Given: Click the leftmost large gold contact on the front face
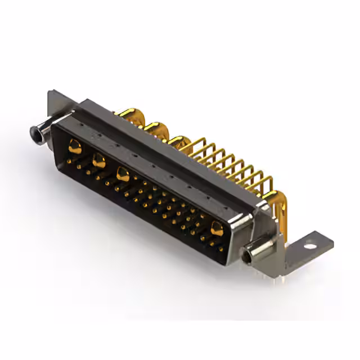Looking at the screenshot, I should [x=74, y=147].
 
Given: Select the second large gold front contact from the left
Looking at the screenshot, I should [x=98, y=161].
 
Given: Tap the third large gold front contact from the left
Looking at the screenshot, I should [x=123, y=174].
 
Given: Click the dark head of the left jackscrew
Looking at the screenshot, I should [x=37, y=133].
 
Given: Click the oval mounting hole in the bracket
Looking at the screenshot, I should [x=308, y=245].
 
